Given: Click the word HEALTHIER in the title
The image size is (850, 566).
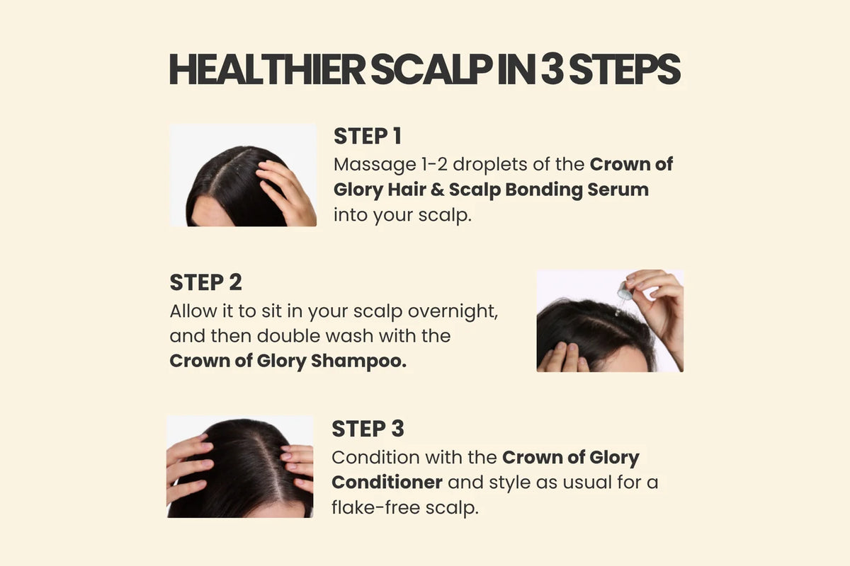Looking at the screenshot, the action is coord(267,69).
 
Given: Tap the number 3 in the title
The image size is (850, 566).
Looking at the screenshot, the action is coord(552,69).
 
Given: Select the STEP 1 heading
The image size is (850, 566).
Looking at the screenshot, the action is coord(368,136).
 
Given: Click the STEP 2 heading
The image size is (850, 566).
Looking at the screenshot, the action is coord(205,282).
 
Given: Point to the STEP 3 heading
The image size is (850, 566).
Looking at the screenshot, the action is coord(368,429).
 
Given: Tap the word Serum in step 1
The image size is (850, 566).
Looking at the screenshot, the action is coord(618,190).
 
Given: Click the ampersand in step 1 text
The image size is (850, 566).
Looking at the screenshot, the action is coord(437,190).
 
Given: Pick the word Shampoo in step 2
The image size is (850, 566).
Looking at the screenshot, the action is coord(358,362).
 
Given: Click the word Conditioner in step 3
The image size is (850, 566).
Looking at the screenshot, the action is coord(387,483).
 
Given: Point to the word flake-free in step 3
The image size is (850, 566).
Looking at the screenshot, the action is coord(375,507).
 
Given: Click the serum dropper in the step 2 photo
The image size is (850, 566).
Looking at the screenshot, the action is coord(623,295).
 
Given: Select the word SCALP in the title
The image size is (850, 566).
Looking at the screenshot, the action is coord(432,69).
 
